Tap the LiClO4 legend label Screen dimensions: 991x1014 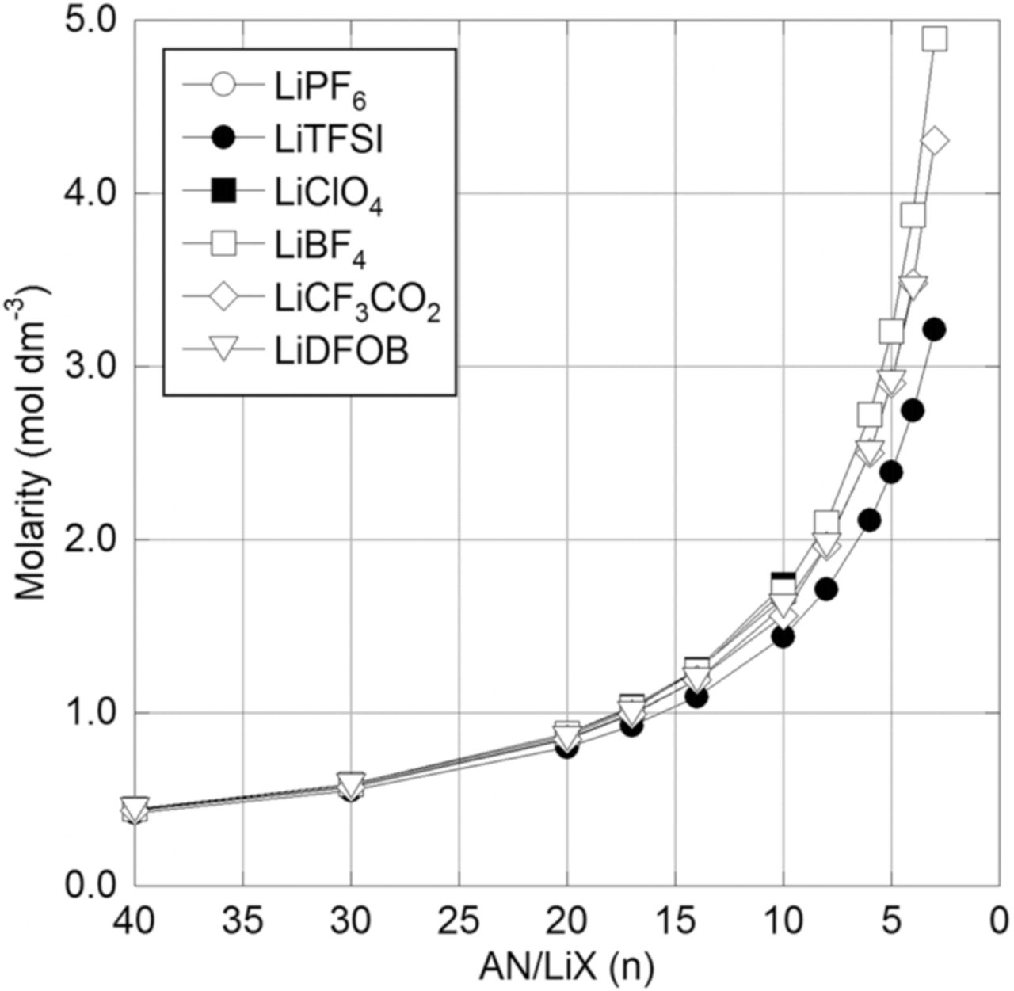[322, 192]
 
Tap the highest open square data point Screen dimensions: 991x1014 [935, 39]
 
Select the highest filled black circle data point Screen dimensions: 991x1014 [935, 329]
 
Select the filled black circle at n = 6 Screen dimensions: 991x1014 [870, 520]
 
